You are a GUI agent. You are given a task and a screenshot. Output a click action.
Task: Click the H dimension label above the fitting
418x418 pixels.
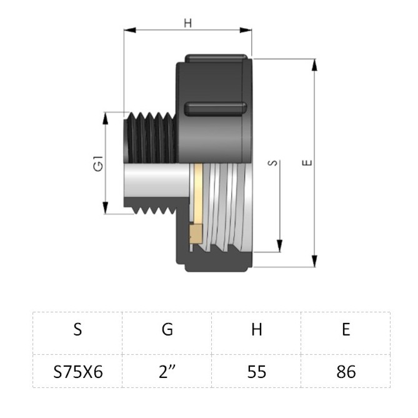coord(188,23)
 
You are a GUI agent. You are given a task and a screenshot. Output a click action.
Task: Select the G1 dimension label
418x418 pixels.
coord(98,164)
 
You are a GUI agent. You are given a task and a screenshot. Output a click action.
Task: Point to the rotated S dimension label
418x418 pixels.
coord(272,163)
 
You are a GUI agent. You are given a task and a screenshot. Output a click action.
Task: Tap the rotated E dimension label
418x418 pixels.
coord(307,162)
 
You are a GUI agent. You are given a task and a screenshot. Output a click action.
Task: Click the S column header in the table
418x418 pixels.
coord(77,329)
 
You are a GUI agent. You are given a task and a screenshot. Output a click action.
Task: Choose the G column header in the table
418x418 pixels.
coord(167,329)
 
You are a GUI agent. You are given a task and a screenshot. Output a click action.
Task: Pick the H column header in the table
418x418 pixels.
coord(257,329)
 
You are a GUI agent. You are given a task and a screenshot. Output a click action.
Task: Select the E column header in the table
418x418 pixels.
coord(346,329)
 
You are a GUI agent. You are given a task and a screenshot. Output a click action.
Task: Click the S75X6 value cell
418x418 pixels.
coord(78,372)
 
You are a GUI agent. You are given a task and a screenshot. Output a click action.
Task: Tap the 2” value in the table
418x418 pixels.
coord(167,371)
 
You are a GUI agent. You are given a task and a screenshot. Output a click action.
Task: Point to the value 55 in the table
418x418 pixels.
coord(257,372)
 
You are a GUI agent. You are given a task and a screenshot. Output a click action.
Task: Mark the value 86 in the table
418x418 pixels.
coord(346,372)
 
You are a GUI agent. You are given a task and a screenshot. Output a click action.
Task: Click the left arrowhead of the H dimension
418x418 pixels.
coord(130,30)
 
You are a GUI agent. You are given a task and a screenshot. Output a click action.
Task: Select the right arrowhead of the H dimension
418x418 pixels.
coord(246,30)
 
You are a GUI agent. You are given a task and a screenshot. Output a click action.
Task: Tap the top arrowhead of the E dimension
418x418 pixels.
coord(314,66)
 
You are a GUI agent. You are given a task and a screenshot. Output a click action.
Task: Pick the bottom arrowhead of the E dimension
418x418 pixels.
coord(314,261)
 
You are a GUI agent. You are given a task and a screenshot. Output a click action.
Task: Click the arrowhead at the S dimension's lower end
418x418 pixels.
coord(279,246)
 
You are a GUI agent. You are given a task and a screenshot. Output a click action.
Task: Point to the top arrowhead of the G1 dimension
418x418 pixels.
coord(106,118)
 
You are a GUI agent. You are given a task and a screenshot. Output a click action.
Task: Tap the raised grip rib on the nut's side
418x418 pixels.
coord(216,109)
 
